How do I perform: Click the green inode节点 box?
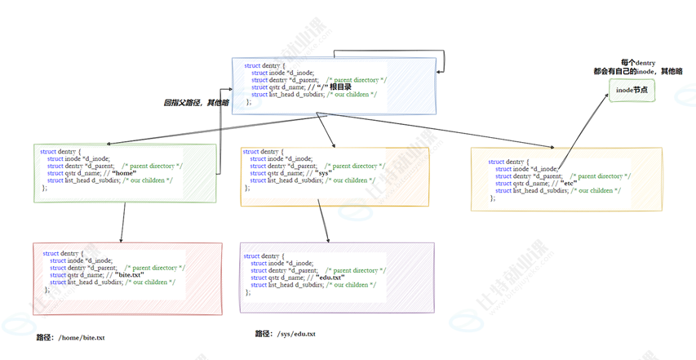point(632,91)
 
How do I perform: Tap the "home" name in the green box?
point(123,173)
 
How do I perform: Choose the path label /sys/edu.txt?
point(285,334)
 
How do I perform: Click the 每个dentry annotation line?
point(637,63)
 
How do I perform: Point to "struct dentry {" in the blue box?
point(264,65)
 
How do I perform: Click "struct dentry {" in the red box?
point(63,254)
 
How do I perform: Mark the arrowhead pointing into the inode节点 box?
point(607,95)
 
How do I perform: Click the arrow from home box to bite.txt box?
point(123,220)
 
